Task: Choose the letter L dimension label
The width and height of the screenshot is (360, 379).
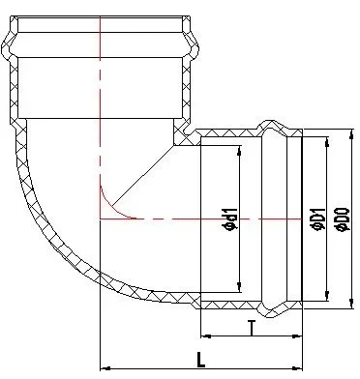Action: pos(199,359)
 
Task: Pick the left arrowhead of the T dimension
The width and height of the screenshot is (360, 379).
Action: pos(204,339)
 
